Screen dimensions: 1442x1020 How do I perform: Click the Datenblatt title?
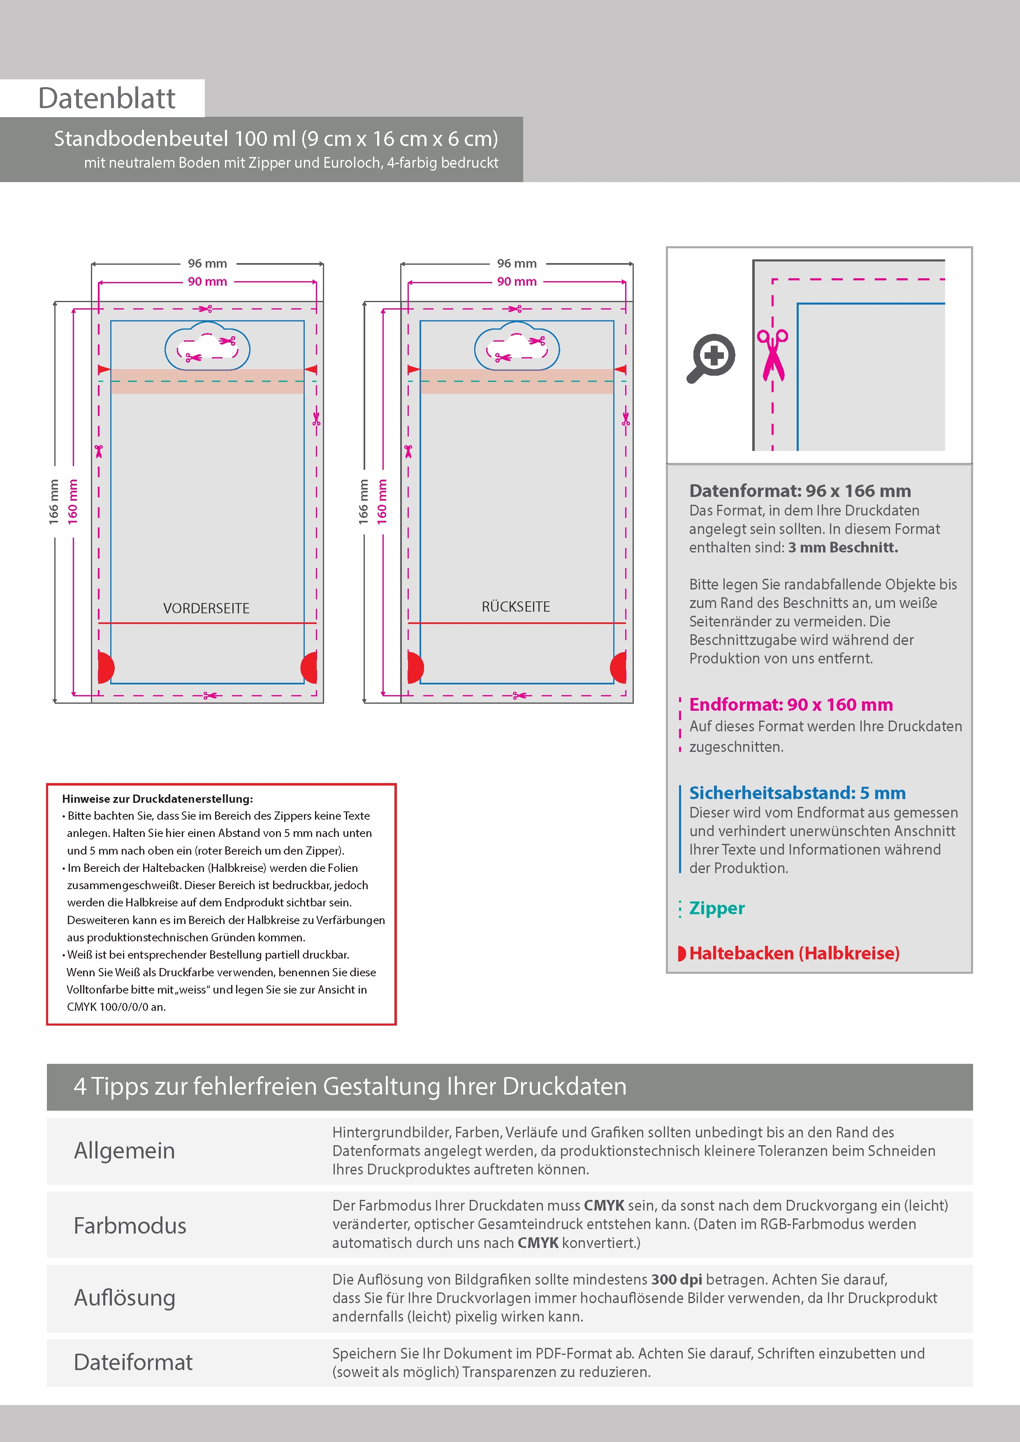pyautogui.click(x=107, y=99)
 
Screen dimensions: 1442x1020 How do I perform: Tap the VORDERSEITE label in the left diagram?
pyautogui.click(x=206, y=608)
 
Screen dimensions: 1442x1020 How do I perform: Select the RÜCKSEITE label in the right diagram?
pyautogui.click(x=516, y=607)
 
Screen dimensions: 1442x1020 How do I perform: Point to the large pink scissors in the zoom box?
pyautogui.click(x=772, y=355)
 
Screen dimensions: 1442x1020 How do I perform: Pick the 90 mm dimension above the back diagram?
pyautogui.click(x=517, y=281)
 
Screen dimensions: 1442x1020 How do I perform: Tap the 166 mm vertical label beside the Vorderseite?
pyautogui.click(x=54, y=502)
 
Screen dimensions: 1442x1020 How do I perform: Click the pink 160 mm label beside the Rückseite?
pyautogui.click(x=382, y=502)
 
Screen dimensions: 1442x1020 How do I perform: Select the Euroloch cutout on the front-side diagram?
pyautogui.click(x=207, y=347)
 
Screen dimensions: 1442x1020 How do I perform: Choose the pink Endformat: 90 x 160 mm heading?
pyautogui.click(x=790, y=705)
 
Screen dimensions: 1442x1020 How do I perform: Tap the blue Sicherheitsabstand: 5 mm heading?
pyautogui.click(x=797, y=793)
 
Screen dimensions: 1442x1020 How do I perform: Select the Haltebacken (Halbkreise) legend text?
pyautogui.click(x=794, y=953)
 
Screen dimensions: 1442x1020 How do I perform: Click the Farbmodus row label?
pyautogui.click(x=130, y=1225)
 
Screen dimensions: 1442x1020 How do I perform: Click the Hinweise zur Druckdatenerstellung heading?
pyautogui.click(x=157, y=799)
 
